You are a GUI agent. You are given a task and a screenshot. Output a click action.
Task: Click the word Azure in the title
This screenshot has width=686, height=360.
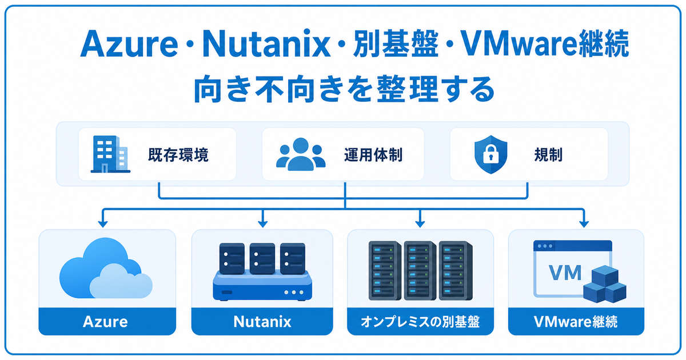[x=129, y=44]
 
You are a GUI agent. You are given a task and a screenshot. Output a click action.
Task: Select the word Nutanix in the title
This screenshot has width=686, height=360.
[x=266, y=44]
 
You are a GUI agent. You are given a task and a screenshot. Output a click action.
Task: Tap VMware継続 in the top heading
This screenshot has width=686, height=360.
[x=545, y=44]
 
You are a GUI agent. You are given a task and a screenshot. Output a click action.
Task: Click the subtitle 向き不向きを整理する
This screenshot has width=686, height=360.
[x=344, y=89]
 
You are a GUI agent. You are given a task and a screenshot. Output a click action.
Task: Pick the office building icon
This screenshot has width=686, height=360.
[x=110, y=154]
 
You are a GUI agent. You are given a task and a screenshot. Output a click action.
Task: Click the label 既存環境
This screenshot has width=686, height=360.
[x=178, y=155]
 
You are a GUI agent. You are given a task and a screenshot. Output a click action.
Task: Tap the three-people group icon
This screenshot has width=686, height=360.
[x=301, y=154]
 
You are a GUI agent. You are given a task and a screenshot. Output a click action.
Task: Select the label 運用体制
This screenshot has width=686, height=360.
[x=373, y=155]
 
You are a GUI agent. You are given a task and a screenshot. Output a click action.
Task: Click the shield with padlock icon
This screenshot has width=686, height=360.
[x=490, y=155]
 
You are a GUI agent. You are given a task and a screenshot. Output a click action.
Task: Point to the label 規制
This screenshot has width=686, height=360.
[x=548, y=155]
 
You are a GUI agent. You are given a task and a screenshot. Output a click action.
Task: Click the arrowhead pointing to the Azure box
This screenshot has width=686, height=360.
[x=103, y=223]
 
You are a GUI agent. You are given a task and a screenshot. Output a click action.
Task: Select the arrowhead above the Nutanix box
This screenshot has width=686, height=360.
[x=263, y=223]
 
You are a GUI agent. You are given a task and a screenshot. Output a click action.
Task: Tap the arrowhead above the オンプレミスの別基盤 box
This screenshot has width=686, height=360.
[x=420, y=223]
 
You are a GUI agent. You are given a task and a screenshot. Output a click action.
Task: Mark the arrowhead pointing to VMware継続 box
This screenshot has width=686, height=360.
[x=584, y=223]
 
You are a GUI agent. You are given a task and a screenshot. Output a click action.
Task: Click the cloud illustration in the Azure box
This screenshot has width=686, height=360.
[x=106, y=269]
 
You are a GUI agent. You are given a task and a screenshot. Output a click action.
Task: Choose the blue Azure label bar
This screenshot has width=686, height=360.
[x=107, y=321]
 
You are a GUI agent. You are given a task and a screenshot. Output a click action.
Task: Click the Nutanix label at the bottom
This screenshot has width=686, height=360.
[x=262, y=322]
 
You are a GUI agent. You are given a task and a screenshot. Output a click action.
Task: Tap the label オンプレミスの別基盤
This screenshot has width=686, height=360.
[x=420, y=322]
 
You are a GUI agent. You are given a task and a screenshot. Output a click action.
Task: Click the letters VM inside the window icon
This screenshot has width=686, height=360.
[x=565, y=273]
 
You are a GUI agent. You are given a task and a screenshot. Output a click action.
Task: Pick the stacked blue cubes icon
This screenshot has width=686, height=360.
[x=605, y=285]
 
